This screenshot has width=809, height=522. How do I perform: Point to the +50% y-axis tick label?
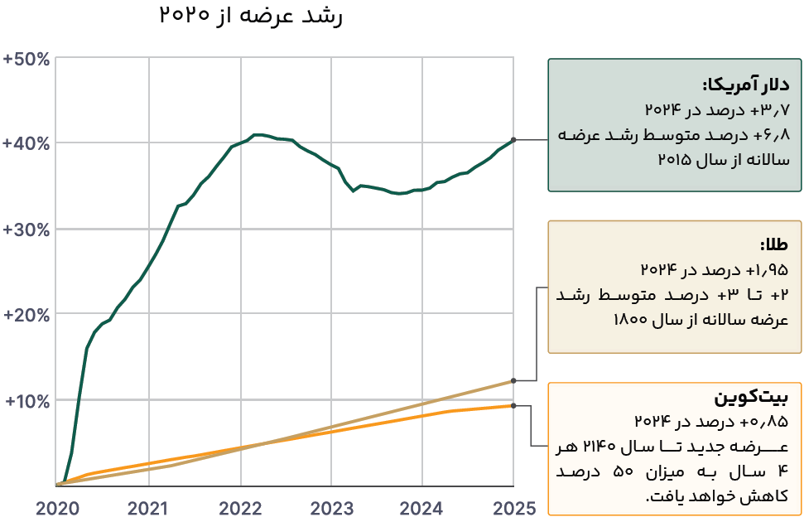(26, 60)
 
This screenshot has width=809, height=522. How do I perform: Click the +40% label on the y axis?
(26, 143)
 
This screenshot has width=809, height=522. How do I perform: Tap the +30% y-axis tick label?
(26, 230)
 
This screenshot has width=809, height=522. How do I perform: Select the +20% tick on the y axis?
(26, 316)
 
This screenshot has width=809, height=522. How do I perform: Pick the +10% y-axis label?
(26, 401)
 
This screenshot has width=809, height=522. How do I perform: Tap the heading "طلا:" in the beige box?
(775, 245)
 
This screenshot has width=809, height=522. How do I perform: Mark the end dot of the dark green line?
(513, 139)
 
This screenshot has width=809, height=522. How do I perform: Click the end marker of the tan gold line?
(513, 380)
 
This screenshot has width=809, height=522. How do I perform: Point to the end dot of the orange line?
(513, 405)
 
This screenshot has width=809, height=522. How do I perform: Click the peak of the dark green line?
(258, 134)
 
